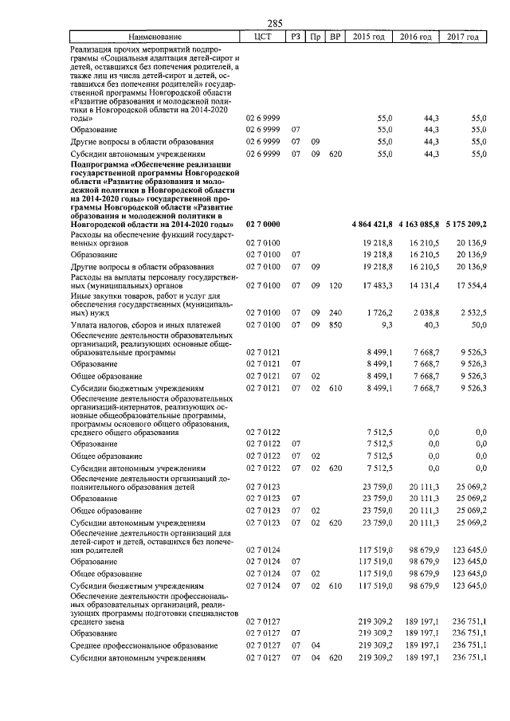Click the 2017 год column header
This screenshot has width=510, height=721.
click(x=463, y=37)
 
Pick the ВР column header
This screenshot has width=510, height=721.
click(x=335, y=37)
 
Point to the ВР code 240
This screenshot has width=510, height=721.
click(x=335, y=314)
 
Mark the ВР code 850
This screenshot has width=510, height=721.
click(x=335, y=325)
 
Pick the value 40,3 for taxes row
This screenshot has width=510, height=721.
click(x=433, y=325)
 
